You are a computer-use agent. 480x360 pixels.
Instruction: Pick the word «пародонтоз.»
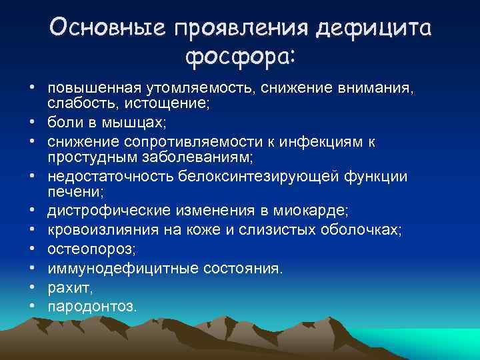91,306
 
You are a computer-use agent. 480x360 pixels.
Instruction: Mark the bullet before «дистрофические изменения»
31,210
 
